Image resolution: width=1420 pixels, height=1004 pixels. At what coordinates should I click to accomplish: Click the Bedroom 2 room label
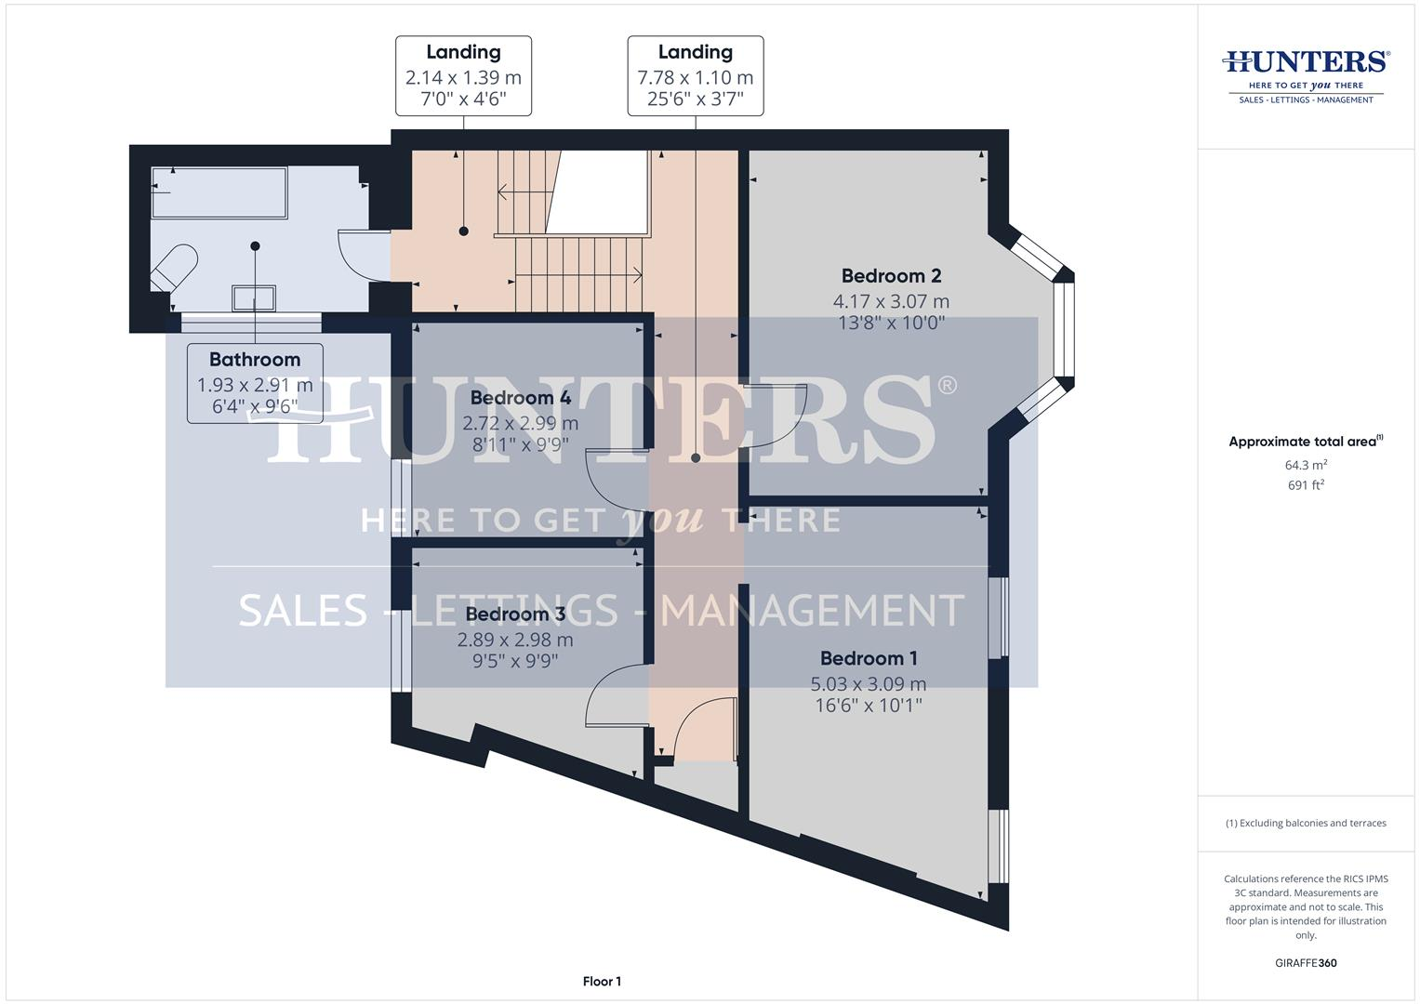pyautogui.click(x=891, y=276)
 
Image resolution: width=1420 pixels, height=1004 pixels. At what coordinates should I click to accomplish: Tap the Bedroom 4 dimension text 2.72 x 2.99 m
pyautogui.click(x=520, y=423)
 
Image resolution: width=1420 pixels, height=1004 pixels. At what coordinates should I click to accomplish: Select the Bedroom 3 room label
pyautogui.click(x=515, y=614)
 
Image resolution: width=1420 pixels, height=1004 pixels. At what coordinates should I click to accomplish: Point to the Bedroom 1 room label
pyautogui.click(x=869, y=658)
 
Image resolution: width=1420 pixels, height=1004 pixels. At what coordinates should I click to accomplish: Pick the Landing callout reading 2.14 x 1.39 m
pyautogui.click(x=463, y=76)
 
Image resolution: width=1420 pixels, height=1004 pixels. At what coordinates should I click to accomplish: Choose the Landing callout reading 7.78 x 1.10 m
pyautogui.click(x=695, y=76)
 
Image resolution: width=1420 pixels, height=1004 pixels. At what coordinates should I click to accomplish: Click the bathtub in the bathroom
pyautogui.click(x=219, y=192)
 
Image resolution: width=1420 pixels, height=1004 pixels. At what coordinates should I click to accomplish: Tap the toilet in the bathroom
pyautogui.click(x=175, y=266)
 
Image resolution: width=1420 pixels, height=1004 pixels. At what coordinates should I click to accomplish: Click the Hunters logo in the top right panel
pyautogui.click(x=1306, y=75)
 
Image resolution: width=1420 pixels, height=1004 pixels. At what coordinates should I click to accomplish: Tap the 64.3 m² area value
pyautogui.click(x=1306, y=465)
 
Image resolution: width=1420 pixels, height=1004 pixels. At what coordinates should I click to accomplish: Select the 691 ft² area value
pyautogui.click(x=1306, y=485)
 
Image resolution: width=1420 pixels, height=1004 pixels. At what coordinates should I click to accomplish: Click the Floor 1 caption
pyautogui.click(x=602, y=982)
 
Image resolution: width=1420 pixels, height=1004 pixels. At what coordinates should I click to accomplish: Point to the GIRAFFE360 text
pyautogui.click(x=1306, y=963)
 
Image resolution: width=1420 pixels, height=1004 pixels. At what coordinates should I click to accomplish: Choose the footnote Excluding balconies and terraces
pyautogui.click(x=1306, y=823)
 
